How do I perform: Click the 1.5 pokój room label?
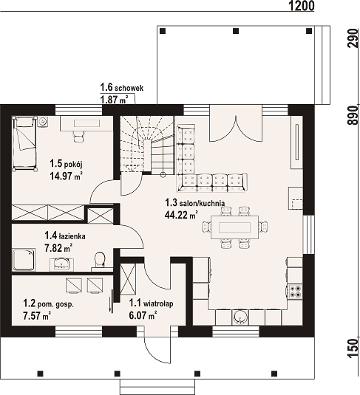coord(66,164)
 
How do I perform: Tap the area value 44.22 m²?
coord(181,215)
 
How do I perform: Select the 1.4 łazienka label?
coord(65,236)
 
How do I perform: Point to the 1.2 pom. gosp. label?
coord(49,303)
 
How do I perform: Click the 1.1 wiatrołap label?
coord(151,303)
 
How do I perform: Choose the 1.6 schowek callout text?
coord(122,88)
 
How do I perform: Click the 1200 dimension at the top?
coord(301,6)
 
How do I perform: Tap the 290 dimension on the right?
coord(353,38)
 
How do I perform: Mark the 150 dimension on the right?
coord(353,348)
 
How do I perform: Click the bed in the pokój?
coord(24,143)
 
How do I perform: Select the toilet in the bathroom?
coord(100,259)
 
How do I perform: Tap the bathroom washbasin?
coord(61,264)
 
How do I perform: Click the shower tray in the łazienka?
coord(24,260)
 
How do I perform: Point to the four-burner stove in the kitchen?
coord(295,291)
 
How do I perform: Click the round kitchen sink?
coord(240,317)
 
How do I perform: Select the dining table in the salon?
coord(234,227)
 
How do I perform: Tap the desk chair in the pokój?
coord(78,137)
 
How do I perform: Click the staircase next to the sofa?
coord(147,145)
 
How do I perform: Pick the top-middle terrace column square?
coord(236,31)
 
